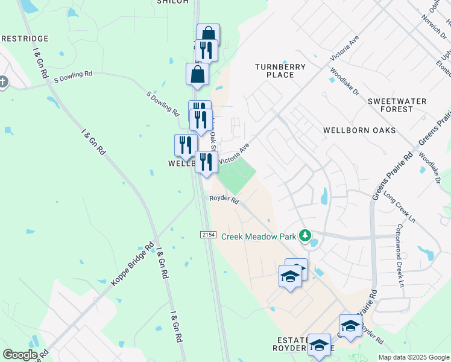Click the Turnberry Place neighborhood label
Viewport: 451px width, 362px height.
click(x=280, y=71)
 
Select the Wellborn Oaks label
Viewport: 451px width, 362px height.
click(x=359, y=130)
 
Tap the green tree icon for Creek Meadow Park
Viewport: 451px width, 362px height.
click(x=305, y=235)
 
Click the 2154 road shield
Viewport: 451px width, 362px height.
click(x=208, y=233)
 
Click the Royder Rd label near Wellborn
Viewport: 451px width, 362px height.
click(x=224, y=198)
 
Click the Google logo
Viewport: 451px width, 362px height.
click(x=20, y=354)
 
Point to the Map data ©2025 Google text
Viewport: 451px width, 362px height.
click(x=413, y=357)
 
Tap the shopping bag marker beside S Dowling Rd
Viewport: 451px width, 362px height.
click(x=197, y=75)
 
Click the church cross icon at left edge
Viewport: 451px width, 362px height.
click(x=3, y=81)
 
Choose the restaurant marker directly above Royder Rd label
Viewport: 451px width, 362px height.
click(x=206, y=162)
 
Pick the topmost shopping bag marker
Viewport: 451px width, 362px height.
click(x=208, y=35)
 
